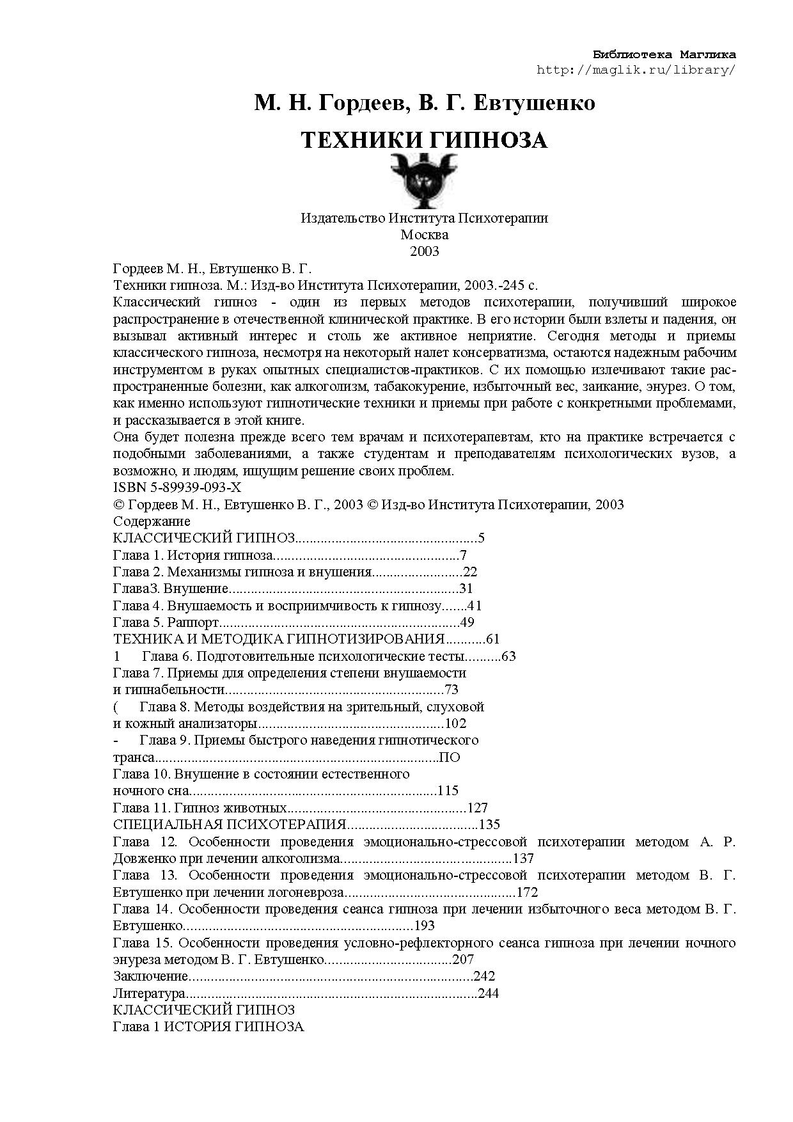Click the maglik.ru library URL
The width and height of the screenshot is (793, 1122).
tap(636, 70)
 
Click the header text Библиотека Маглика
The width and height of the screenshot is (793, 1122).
tap(664, 54)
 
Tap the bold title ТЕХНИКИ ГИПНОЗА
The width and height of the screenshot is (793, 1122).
tap(424, 140)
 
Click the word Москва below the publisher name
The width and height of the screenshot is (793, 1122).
tap(424, 235)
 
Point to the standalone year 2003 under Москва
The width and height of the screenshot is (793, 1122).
tap(424, 251)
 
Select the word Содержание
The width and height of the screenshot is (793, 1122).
tap(152, 521)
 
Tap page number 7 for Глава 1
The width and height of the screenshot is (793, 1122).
tap(463, 555)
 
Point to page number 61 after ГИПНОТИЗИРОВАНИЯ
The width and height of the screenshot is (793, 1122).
tap(492, 639)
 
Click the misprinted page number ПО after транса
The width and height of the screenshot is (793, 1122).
tap(450, 757)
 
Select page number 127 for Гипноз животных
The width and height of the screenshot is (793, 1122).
tap(478, 808)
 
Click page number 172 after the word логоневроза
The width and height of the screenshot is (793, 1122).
tap(528, 892)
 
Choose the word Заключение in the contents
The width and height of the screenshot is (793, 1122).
tap(150, 977)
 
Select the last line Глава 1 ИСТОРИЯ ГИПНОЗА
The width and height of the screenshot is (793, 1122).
tap(208, 1027)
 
